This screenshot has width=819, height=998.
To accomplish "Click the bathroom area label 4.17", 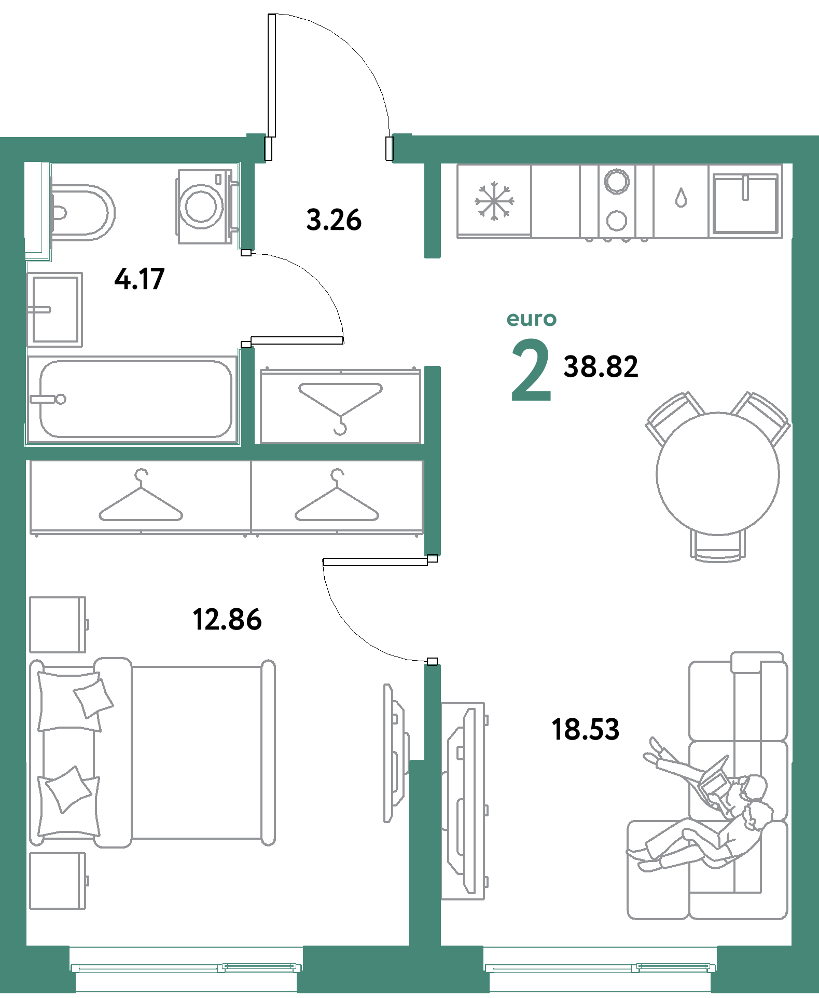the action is click(x=140, y=279).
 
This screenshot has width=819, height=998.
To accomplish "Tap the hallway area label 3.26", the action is click(x=334, y=220).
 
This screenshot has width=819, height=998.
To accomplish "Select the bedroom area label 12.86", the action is click(x=227, y=619).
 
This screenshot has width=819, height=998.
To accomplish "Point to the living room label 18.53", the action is click(x=585, y=729).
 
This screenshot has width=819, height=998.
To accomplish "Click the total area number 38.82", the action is click(x=601, y=366).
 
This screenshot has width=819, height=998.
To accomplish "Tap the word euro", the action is click(x=532, y=319).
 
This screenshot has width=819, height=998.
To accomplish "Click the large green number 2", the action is click(x=531, y=370).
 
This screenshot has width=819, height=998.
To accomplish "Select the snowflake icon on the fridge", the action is click(x=494, y=201).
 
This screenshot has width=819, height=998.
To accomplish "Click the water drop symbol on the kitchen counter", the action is click(x=681, y=198).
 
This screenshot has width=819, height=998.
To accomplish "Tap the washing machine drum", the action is click(x=201, y=206).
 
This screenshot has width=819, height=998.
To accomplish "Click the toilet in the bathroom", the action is click(x=82, y=212).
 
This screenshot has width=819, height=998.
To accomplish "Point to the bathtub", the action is click(x=132, y=400).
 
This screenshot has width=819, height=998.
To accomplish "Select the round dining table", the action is click(x=718, y=473).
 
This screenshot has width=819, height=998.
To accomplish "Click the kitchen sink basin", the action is click(x=745, y=203).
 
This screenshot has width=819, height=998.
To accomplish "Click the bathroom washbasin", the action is click(x=54, y=310).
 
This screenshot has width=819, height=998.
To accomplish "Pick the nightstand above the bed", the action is click(x=58, y=624).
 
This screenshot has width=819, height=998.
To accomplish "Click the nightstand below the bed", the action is click(x=58, y=881).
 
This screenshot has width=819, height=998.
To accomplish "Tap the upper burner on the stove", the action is click(x=617, y=182).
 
